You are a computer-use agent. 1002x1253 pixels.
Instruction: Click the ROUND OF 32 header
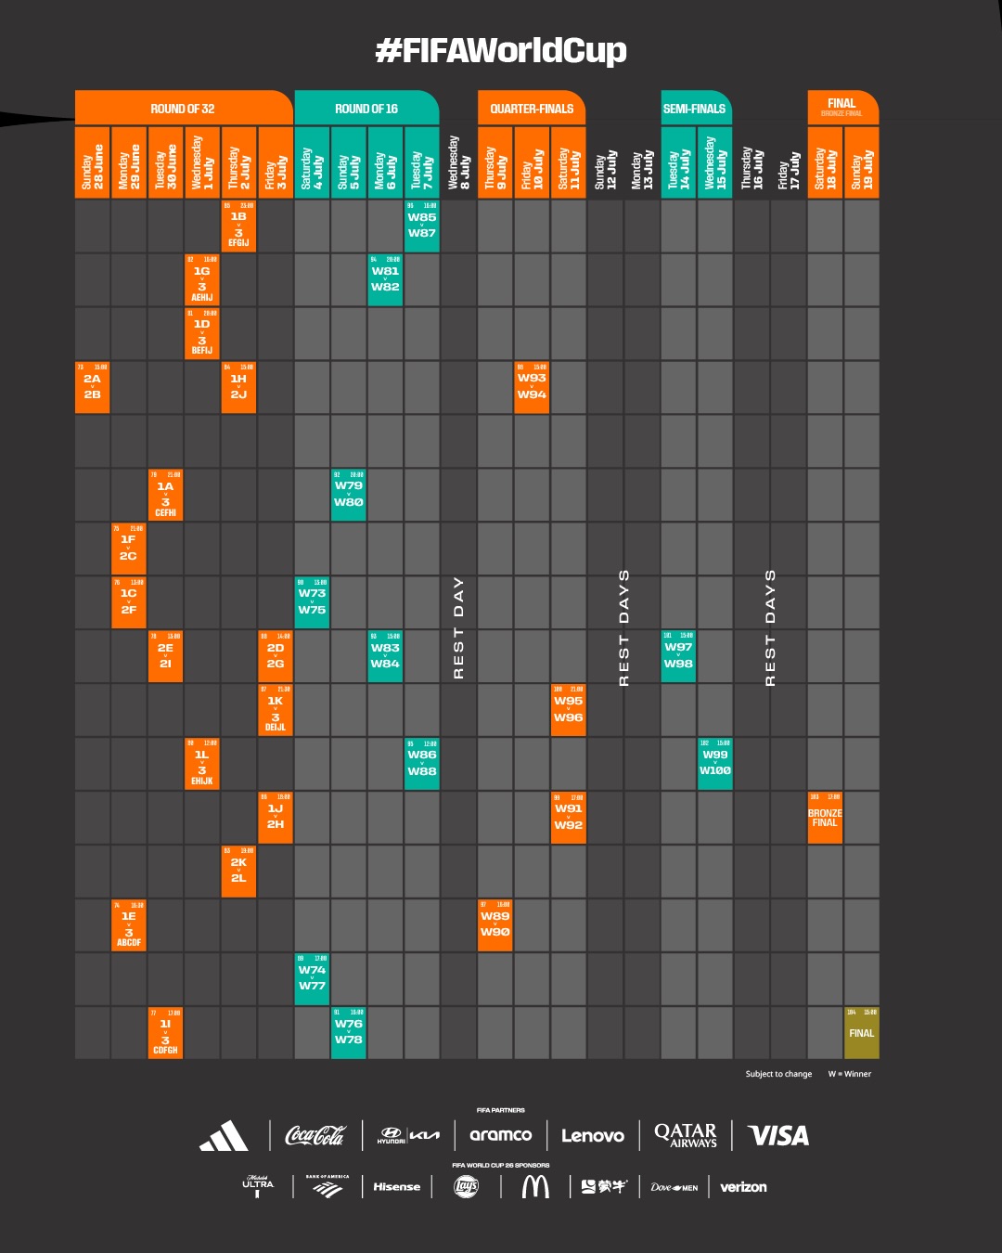(183, 109)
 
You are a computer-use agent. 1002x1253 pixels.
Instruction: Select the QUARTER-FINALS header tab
(532, 109)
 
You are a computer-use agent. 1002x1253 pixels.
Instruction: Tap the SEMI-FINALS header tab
(694, 109)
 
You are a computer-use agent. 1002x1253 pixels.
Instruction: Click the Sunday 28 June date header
(93, 163)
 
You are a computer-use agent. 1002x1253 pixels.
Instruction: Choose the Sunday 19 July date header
(862, 163)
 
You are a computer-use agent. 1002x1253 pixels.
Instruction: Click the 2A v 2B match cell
(93, 387)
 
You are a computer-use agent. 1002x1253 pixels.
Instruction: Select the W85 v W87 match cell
(422, 226)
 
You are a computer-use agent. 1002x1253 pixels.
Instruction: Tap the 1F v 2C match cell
(129, 549)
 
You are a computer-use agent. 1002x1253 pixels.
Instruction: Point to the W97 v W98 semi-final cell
(678, 656)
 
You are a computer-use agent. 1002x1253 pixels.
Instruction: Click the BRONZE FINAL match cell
(825, 818)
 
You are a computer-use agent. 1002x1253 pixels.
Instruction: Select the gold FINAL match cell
(862, 1033)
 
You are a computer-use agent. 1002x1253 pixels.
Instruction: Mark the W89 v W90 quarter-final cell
(495, 924)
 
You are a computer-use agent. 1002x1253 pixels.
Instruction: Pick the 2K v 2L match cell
(238, 871)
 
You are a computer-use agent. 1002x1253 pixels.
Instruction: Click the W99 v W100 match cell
(715, 763)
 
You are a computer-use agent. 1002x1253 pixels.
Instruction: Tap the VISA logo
(778, 1135)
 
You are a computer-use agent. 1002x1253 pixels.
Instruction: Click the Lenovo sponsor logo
(593, 1135)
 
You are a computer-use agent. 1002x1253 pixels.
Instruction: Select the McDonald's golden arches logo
(535, 1186)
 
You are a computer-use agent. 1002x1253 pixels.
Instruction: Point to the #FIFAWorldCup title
(501, 50)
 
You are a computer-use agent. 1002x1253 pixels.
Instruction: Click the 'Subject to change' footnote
(778, 1074)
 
